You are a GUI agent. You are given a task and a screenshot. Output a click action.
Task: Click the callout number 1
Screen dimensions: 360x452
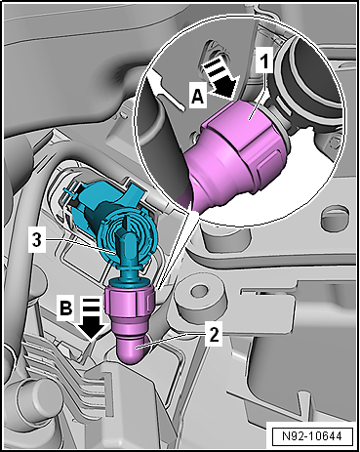coord(264,61)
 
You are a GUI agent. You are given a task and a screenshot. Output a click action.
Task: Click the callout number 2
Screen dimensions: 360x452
coord(213,334)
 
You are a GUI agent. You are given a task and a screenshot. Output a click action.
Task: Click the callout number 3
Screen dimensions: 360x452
coord(37,241)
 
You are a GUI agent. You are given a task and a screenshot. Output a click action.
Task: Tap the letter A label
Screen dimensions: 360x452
coord(197,97)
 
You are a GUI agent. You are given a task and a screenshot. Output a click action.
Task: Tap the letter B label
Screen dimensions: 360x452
coord(66,308)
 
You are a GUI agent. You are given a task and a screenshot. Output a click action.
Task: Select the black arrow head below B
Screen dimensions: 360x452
coord(92,330)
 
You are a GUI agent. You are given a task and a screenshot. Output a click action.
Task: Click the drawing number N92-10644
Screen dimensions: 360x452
coord(312,435)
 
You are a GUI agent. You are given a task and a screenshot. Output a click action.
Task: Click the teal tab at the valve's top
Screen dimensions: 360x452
coord(134,189)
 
